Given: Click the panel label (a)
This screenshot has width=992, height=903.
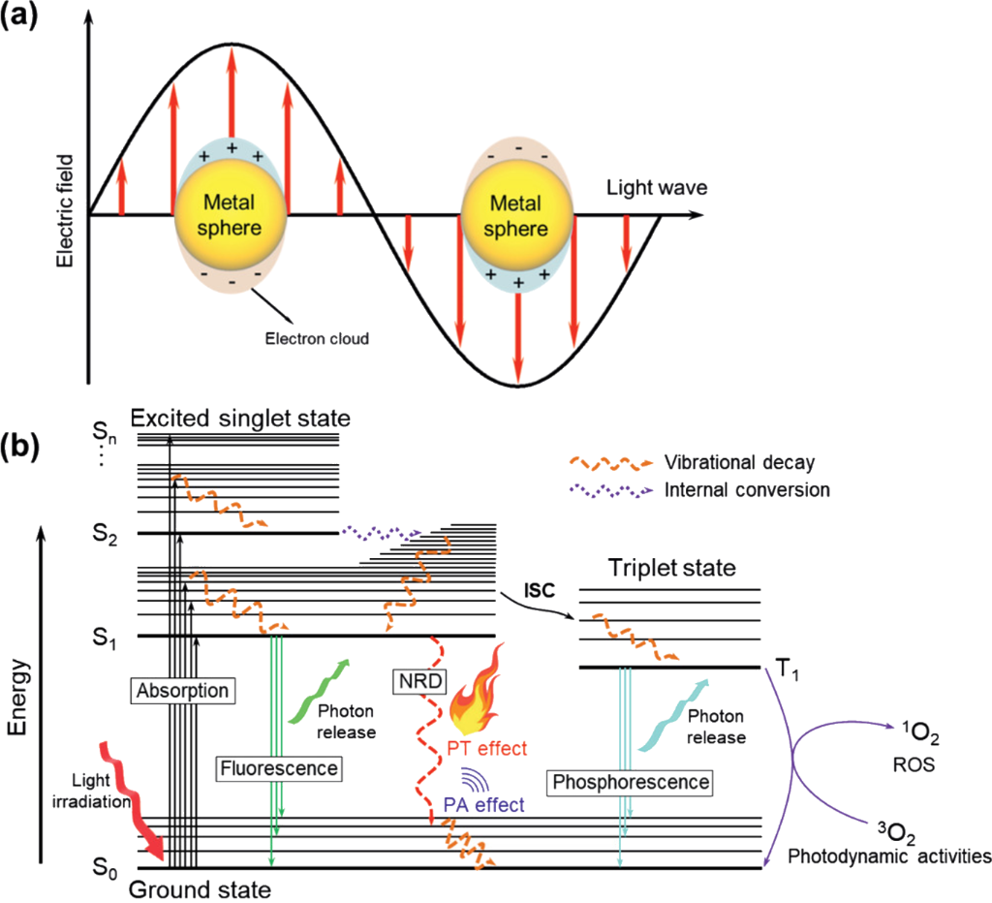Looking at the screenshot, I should (x=26, y=19).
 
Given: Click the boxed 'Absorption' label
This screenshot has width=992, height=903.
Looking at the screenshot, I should (x=183, y=691).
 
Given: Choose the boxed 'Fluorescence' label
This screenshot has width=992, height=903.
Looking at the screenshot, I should (x=278, y=768).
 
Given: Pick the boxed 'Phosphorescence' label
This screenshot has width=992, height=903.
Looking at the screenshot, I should (x=630, y=780).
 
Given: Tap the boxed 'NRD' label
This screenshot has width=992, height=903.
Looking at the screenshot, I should (x=417, y=680).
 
